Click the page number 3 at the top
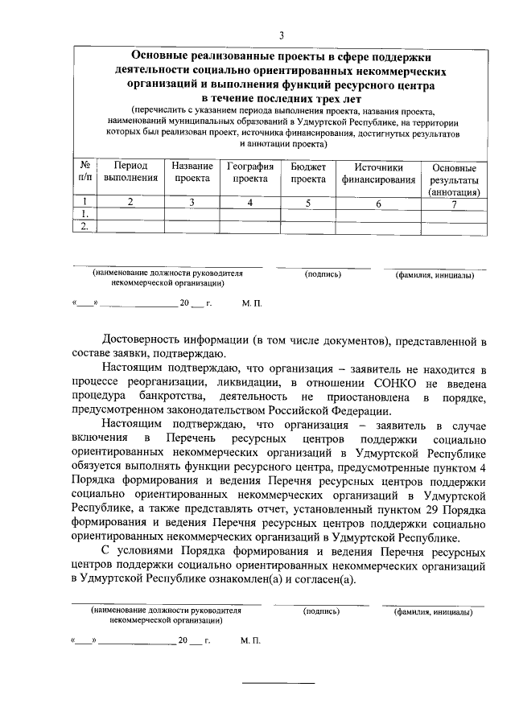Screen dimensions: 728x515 [281, 35]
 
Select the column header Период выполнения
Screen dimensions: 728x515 [130, 173]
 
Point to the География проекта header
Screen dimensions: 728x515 [249, 173]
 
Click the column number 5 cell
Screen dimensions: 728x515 [307, 202]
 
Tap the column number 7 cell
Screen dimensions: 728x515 [455, 204]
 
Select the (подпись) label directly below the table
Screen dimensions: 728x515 [323, 274]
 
